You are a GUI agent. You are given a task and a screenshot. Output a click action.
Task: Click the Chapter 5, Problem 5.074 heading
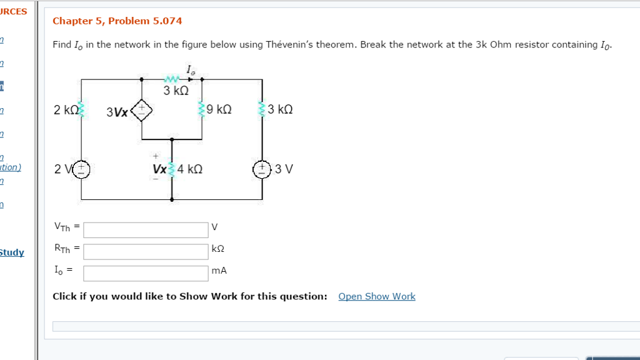click(x=117, y=21)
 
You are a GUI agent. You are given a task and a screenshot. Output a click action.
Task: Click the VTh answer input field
click(x=146, y=229)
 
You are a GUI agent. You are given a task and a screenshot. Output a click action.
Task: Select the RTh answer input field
click(x=146, y=251)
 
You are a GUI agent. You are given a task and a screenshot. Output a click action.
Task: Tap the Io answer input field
click(x=146, y=273)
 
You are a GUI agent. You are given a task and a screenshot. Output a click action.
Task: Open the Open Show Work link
click(x=376, y=296)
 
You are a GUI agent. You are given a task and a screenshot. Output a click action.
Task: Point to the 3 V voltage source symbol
click(x=262, y=169)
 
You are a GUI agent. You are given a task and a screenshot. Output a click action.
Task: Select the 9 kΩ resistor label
click(x=219, y=109)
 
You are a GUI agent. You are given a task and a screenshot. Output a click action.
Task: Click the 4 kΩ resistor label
click(x=190, y=169)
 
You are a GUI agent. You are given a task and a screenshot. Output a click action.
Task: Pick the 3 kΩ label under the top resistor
click(x=176, y=91)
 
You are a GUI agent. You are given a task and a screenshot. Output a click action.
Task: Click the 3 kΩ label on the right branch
click(x=280, y=109)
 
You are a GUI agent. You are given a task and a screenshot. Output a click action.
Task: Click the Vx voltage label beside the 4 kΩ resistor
click(x=159, y=169)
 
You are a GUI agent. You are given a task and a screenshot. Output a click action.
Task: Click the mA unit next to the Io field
click(x=219, y=271)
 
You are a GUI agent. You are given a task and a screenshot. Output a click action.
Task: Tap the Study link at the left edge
click(x=11, y=252)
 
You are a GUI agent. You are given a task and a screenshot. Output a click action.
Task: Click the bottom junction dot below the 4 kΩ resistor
click(x=172, y=200)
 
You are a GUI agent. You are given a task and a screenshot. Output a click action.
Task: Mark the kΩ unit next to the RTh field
click(x=218, y=249)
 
